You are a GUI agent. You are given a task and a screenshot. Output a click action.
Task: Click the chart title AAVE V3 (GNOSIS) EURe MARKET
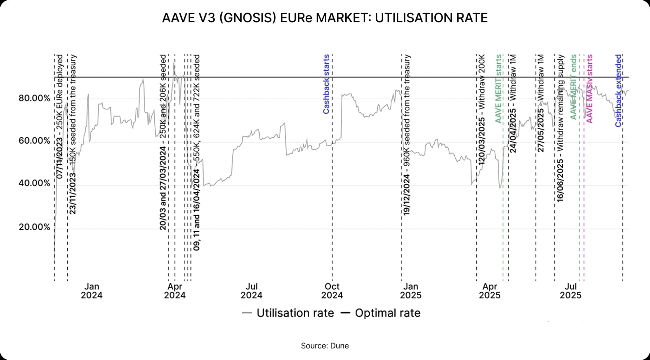click(325, 18)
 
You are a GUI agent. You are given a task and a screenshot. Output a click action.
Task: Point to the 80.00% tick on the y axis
click(34, 98)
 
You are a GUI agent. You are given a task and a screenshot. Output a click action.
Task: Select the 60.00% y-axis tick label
click(34, 141)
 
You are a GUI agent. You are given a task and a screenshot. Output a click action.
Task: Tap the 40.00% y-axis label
click(34, 183)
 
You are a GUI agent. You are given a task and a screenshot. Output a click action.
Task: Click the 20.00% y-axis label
click(34, 227)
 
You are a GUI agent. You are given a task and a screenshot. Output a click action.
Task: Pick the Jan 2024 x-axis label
click(91, 291)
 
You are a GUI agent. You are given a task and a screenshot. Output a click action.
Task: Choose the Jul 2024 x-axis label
click(252, 291)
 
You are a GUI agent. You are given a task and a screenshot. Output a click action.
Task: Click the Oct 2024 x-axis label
click(332, 291)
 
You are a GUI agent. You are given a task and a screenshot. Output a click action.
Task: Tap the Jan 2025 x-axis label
click(411, 291)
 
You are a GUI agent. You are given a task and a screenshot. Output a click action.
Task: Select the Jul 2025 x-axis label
click(570, 291)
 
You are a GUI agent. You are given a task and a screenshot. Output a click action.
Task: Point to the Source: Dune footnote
click(325, 346)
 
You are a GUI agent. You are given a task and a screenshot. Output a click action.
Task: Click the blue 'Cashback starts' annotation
click(326, 84)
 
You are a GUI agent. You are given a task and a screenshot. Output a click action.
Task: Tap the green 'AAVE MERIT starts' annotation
click(498, 88)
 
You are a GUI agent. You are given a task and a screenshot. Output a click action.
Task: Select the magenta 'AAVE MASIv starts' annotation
click(589, 88)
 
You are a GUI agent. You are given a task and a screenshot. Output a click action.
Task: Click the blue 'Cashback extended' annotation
click(618, 90)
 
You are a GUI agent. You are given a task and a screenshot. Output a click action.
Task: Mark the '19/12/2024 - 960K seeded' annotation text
click(407, 134)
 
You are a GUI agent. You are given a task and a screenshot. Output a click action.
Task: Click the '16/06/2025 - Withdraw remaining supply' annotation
click(560, 128)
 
